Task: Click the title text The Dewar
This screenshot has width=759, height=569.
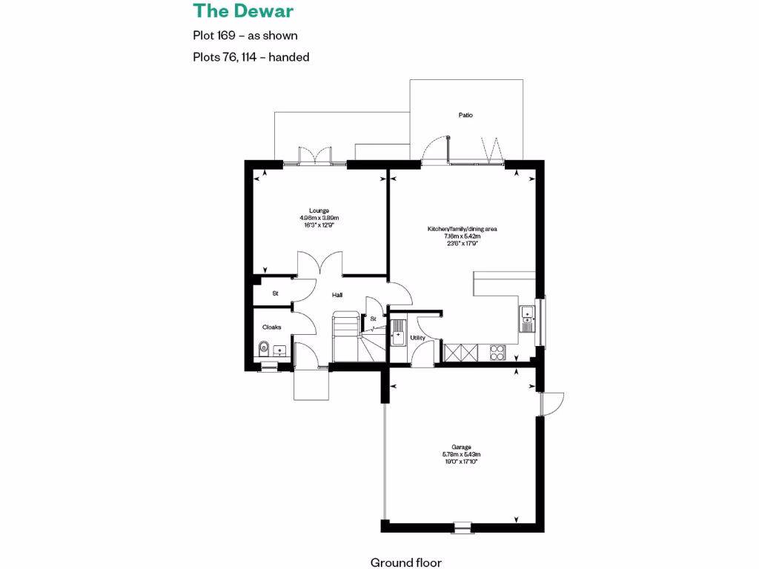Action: click(243, 11)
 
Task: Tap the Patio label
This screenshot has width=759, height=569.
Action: click(465, 115)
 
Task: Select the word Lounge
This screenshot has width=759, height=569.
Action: click(319, 210)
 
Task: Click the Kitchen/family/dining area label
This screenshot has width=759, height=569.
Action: click(462, 229)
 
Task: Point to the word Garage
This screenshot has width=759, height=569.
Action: click(462, 447)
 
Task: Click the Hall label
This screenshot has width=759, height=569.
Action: click(337, 295)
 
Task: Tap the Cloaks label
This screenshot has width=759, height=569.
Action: click(272, 327)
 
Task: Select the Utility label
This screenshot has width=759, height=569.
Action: click(418, 338)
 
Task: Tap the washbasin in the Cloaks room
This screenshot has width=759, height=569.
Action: click(279, 350)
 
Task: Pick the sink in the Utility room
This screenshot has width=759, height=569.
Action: click(398, 333)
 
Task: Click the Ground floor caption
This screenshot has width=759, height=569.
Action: click(405, 562)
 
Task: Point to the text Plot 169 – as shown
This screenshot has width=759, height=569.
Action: click(245, 35)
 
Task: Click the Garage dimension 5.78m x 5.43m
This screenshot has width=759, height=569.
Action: click(462, 454)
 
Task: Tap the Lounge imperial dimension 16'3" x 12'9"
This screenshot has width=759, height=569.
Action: click(319, 225)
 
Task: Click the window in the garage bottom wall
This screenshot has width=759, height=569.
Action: click(462, 528)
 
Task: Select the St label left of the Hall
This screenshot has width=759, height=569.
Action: click(275, 293)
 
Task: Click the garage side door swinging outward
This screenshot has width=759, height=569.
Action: click(551, 403)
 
